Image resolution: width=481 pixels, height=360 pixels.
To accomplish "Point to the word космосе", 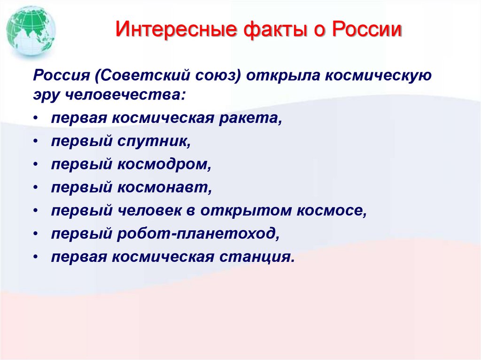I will pos(331,211).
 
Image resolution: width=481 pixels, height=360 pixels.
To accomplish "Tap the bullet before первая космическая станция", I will pos(37,257).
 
